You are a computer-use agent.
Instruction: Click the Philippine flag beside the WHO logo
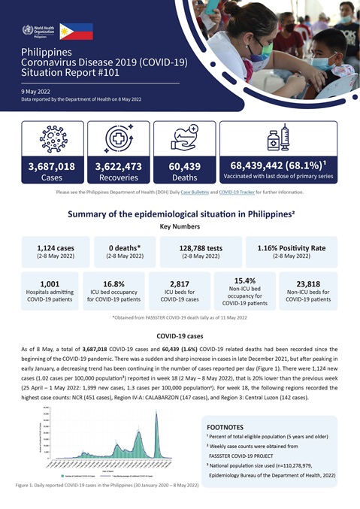click(77, 31)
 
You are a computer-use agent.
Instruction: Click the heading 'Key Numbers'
click(180, 225)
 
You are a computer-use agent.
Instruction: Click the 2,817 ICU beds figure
click(185, 284)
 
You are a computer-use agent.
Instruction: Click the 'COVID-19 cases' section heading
click(180, 336)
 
